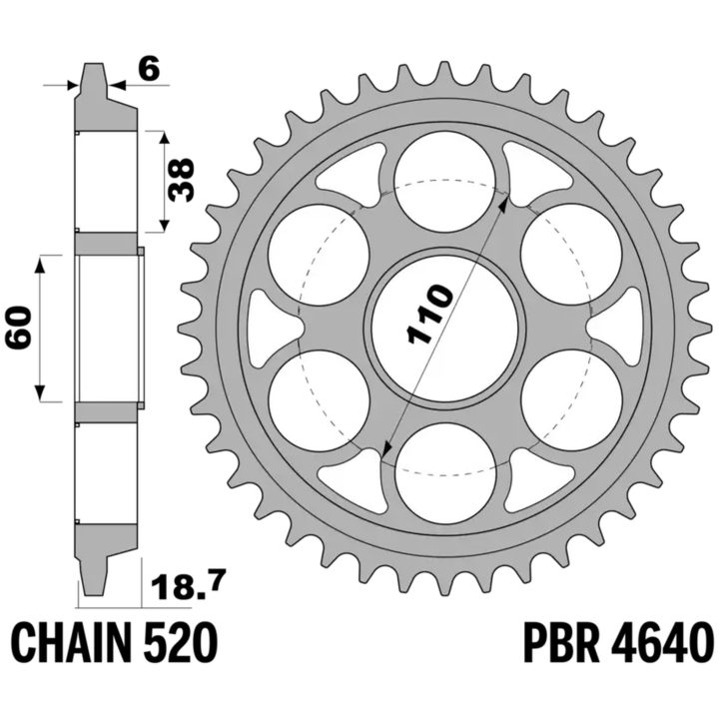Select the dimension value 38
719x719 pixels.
click(x=181, y=180)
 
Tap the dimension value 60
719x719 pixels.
click(x=19, y=328)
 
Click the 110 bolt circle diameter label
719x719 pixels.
click(x=429, y=314)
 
